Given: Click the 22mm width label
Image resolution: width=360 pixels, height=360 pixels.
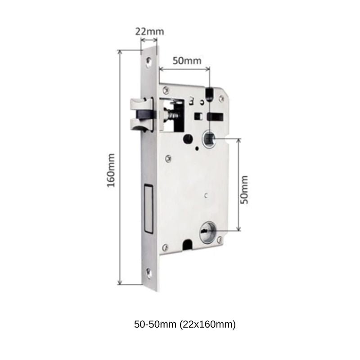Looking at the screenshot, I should (x=149, y=31).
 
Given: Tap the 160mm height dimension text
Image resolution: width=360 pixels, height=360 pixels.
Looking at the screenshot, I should (x=111, y=171).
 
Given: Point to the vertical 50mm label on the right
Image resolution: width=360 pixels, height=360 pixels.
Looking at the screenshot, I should (x=244, y=189).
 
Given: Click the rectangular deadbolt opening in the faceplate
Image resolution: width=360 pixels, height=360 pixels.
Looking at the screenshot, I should (x=149, y=209).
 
